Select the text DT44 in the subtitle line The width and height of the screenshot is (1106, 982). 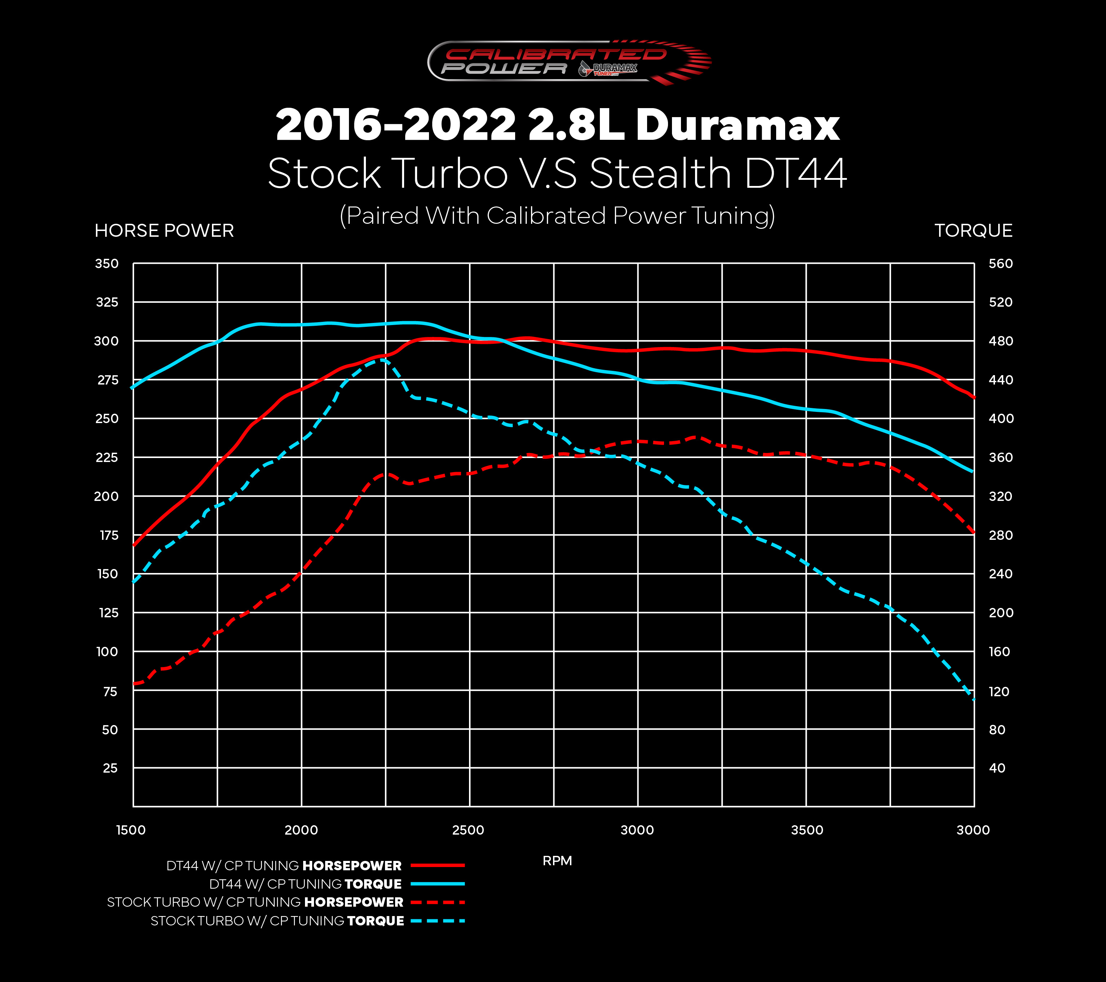pos(794,174)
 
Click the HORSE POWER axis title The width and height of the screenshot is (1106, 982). pos(164,231)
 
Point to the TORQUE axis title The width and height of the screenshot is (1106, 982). pos(973,231)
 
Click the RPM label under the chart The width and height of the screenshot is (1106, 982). pos(557,861)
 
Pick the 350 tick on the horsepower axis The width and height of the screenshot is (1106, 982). pos(107,263)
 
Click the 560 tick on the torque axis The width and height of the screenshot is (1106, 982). pos(1000,263)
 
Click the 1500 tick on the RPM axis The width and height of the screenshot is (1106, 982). pos(131,830)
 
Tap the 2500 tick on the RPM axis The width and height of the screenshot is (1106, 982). pos(468,830)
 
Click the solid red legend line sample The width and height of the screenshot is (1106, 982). pos(437,866)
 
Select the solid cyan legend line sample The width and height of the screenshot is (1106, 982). pos(437,884)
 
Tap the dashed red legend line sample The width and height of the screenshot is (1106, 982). pos(437,902)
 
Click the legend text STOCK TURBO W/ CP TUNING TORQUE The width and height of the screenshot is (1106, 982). pos(277,921)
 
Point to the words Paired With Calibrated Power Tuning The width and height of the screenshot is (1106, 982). pos(557,216)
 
